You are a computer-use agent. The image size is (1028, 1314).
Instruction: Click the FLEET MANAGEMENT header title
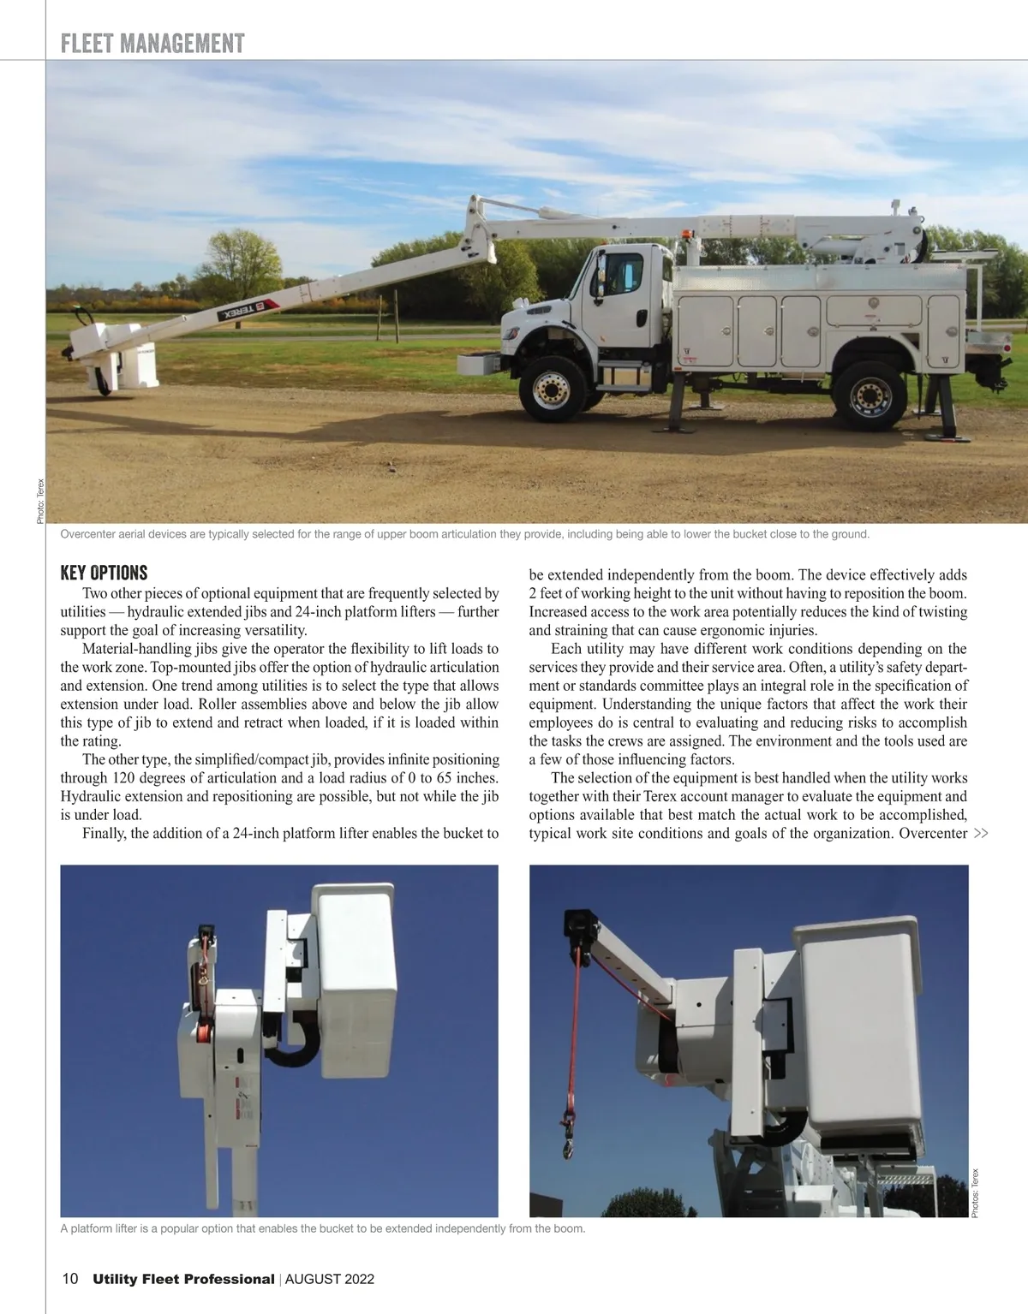tap(152, 44)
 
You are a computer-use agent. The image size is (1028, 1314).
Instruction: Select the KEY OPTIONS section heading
tap(104, 573)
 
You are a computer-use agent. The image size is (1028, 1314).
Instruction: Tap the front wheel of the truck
tap(553, 389)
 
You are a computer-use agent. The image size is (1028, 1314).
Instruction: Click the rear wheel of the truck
tap(870, 395)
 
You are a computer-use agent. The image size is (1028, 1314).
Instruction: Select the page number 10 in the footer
tap(70, 1279)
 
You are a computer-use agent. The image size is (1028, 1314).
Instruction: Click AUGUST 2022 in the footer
tap(330, 1279)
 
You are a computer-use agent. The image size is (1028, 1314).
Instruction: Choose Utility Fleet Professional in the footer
tap(183, 1279)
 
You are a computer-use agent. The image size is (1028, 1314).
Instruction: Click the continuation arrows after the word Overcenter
tap(981, 834)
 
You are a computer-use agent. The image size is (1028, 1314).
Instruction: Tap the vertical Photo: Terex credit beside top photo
tap(40, 501)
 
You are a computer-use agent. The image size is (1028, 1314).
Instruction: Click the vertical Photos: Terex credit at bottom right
tap(975, 1192)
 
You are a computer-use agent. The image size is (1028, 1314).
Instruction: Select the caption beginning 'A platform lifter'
tap(322, 1228)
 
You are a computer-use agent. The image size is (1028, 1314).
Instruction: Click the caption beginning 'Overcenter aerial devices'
tap(464, 534)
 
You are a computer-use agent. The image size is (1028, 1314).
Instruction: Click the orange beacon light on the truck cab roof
tap(686, 235)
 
